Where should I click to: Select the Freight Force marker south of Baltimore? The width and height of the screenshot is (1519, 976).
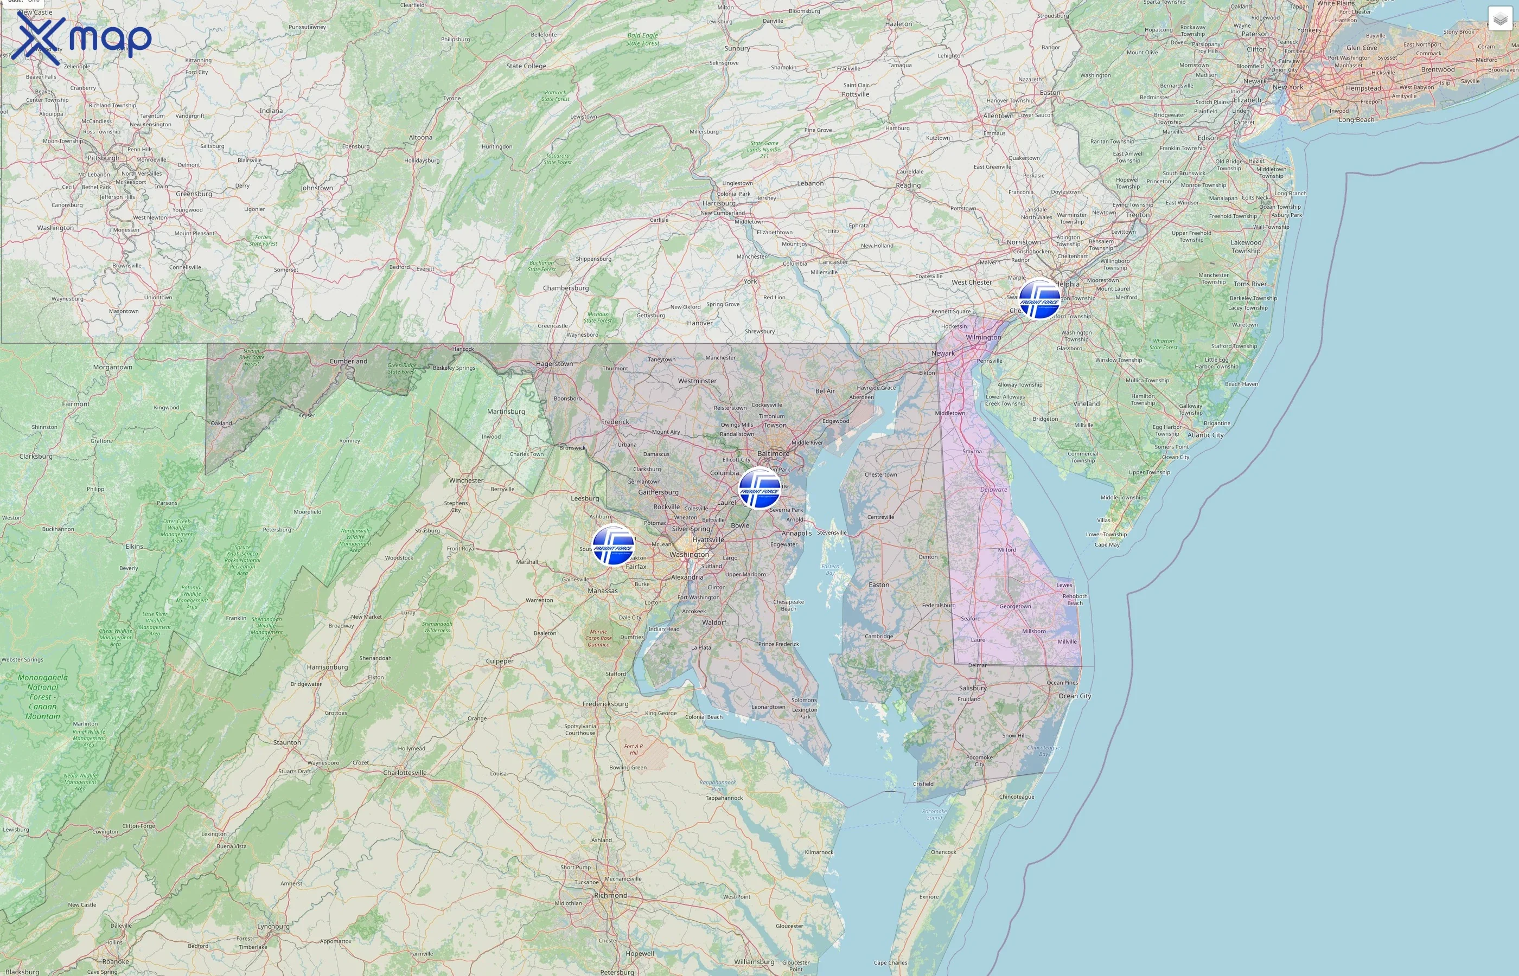pos(759,488)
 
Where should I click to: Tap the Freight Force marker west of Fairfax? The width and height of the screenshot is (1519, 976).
pos(613,545)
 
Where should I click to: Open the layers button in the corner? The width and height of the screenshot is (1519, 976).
pos(1500,19)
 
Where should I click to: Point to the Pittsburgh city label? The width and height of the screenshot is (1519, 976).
pos(103,158)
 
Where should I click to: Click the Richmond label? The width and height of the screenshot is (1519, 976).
pos(610,896)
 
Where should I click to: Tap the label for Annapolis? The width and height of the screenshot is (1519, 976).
pos(796,533)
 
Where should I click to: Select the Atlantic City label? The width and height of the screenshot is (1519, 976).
pos(1205,435)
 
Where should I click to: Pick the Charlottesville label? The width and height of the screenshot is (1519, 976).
pos(405,773)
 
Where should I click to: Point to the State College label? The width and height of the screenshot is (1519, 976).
pos(526,66)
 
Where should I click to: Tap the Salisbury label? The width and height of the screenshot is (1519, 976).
pos(973,688)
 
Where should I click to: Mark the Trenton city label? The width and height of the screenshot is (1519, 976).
pos(1137,215)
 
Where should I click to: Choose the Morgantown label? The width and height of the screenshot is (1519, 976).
pos(113,367)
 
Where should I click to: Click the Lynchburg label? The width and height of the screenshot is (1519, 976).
pos(273,926)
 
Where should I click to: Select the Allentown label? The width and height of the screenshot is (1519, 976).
pos(998,116)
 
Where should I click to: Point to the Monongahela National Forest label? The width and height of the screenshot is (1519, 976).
pos(42,697)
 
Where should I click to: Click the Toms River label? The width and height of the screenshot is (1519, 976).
pos(1249,284)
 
